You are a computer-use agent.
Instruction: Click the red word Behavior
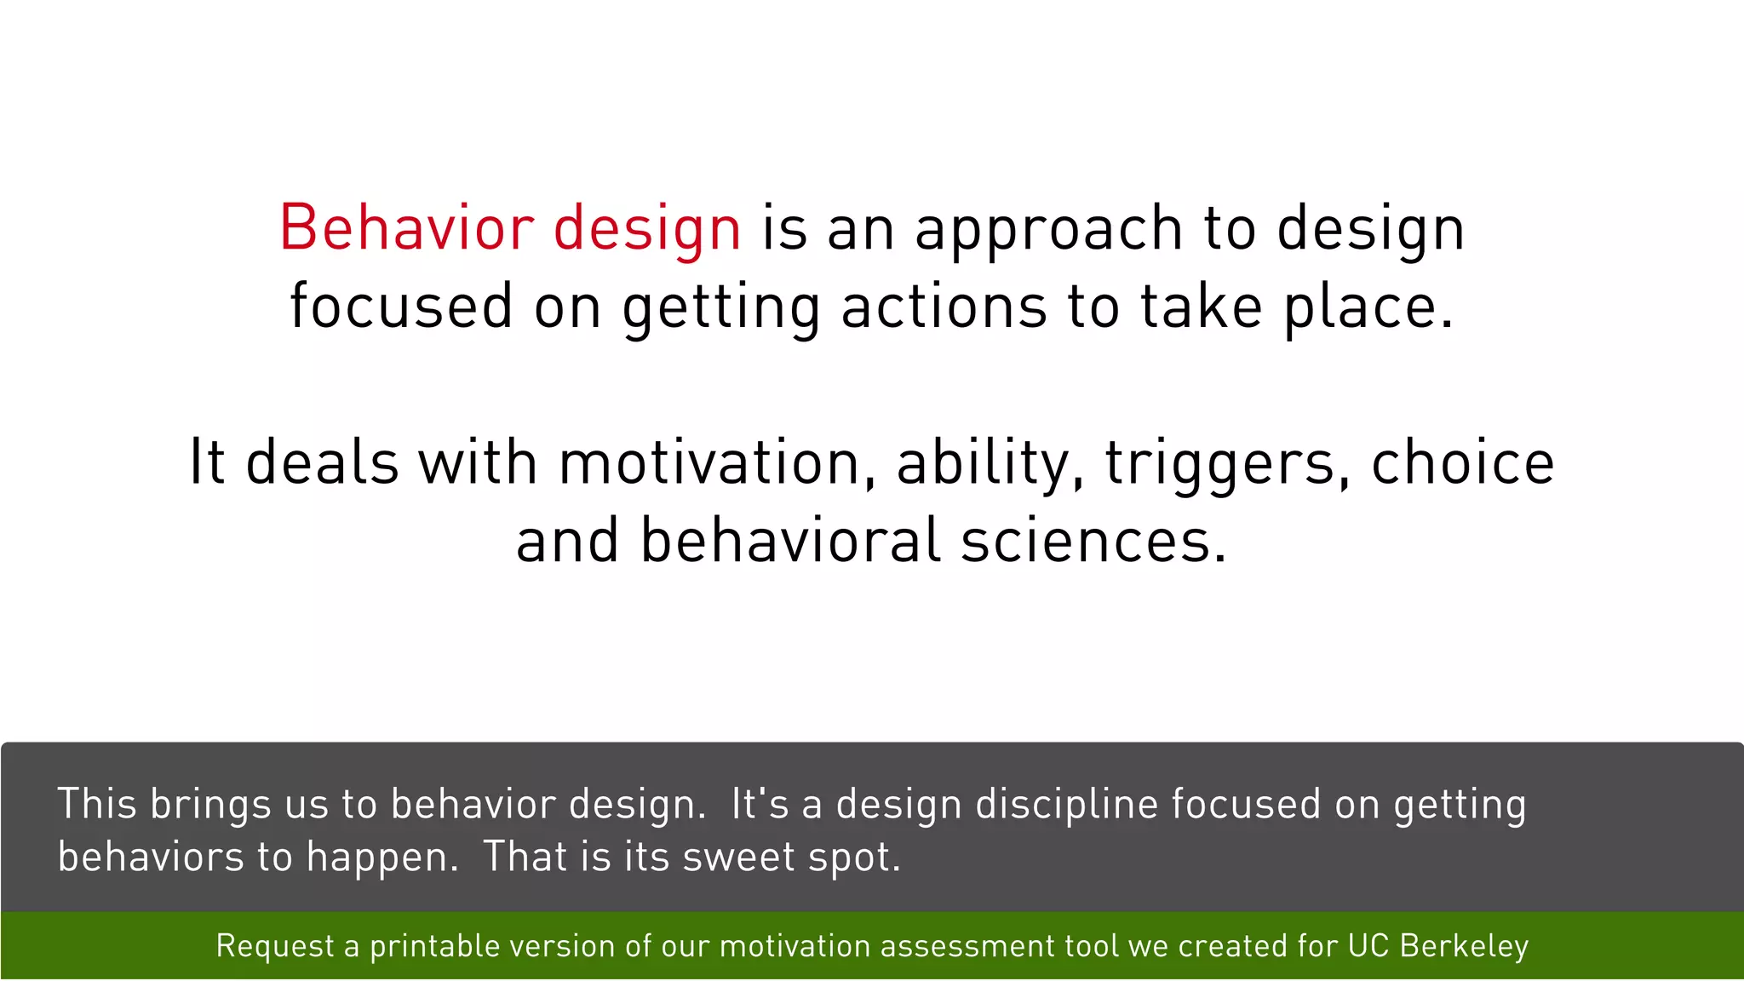406,228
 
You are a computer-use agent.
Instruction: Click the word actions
944,307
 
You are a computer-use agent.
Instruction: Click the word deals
322,462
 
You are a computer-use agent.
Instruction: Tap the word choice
1462,462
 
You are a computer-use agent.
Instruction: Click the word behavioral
790,541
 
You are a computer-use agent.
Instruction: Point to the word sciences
1093,541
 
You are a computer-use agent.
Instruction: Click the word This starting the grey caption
96,804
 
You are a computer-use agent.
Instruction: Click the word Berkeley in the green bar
1464,946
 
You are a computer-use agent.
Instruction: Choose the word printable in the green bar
434,946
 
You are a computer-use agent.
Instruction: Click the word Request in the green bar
275,947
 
